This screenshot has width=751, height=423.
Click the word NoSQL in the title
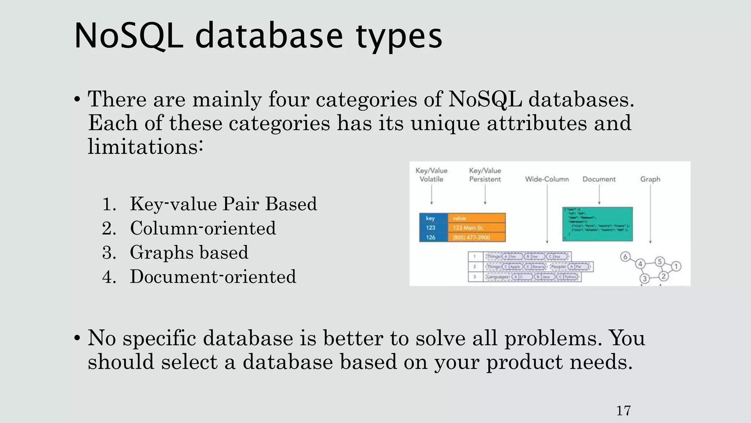pyautogui.click(x=128, y=36)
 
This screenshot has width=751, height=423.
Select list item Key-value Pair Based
pyautogui.click(x=223, y=204)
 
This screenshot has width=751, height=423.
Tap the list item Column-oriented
pyautogui.click(x=202, y=228)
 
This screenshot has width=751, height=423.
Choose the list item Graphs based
pyautogui.click(x=189, y=253)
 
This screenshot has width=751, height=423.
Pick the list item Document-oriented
pyautogui.click(x=213, y=277)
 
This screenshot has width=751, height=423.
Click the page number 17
pyautogui.click(x=623, y=411)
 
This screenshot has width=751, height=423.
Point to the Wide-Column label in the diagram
pyautogui.click(x=547, y=179)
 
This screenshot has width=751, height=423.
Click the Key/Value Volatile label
pyautogui.click(x=431, y=175)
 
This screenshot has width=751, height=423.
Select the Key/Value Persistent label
pyautogui.click(x=485, y=175)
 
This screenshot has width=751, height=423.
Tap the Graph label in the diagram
pyautogui.click(x=650, y=179)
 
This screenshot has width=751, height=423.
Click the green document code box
pyautogui.click(x=597, y=224)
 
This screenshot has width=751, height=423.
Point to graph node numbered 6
pyautogui.click(x=626, y=257)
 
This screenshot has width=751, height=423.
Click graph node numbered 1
pyautogui.click(x=677, y=266)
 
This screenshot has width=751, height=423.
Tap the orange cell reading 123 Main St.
pyautogui.click(x=476, y=228)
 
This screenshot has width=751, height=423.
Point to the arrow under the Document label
pyautogui.click(x=599, y=195)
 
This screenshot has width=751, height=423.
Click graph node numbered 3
pyautogui.click(x=645, y=279)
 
